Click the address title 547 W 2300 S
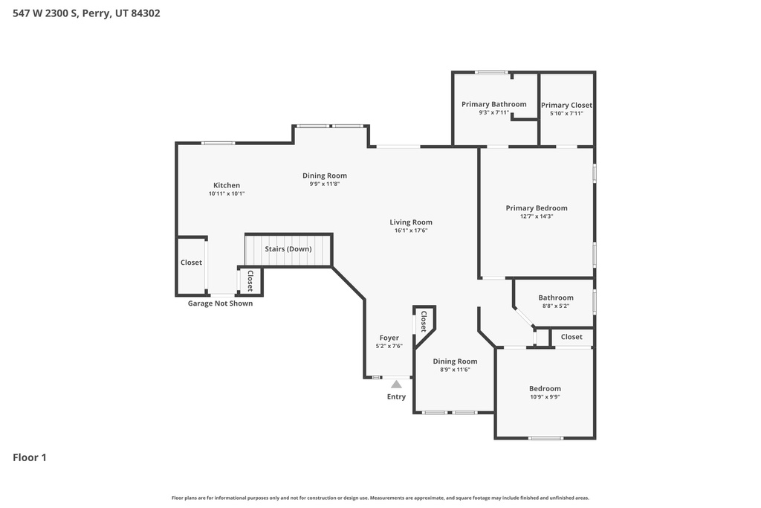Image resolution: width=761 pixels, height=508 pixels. pos(86,13)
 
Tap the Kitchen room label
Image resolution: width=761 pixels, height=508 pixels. pos(227,185)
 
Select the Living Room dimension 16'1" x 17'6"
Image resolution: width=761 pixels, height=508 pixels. pos(411,231)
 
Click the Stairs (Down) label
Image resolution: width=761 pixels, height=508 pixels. pos(288,248)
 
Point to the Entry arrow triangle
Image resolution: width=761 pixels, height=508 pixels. pos(396,385)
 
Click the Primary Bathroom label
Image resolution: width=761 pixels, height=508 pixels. pos(493,104)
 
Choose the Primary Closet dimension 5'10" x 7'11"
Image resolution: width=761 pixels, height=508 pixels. pos(566,113)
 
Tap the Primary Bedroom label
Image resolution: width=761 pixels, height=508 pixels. pos(537,208)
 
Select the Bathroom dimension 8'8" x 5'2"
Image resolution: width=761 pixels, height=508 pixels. pos(556,306)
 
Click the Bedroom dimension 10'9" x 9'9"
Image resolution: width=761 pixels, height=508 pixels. pos(545,397)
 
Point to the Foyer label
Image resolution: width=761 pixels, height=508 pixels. pos(389,338)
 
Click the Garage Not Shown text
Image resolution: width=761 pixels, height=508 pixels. pos(220,303)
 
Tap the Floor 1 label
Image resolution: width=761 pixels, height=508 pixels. pos(30,457)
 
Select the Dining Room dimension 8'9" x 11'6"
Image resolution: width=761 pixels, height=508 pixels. pos(455,370)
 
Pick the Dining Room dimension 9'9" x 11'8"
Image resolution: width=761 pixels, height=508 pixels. pos(325,184)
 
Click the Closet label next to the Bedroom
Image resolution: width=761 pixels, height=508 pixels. pos(571,337)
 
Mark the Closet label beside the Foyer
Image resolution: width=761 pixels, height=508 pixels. pos(424,321)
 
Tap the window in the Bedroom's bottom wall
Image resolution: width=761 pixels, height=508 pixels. pos(545,437)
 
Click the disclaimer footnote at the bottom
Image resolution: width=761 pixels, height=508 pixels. pos(380,498)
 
